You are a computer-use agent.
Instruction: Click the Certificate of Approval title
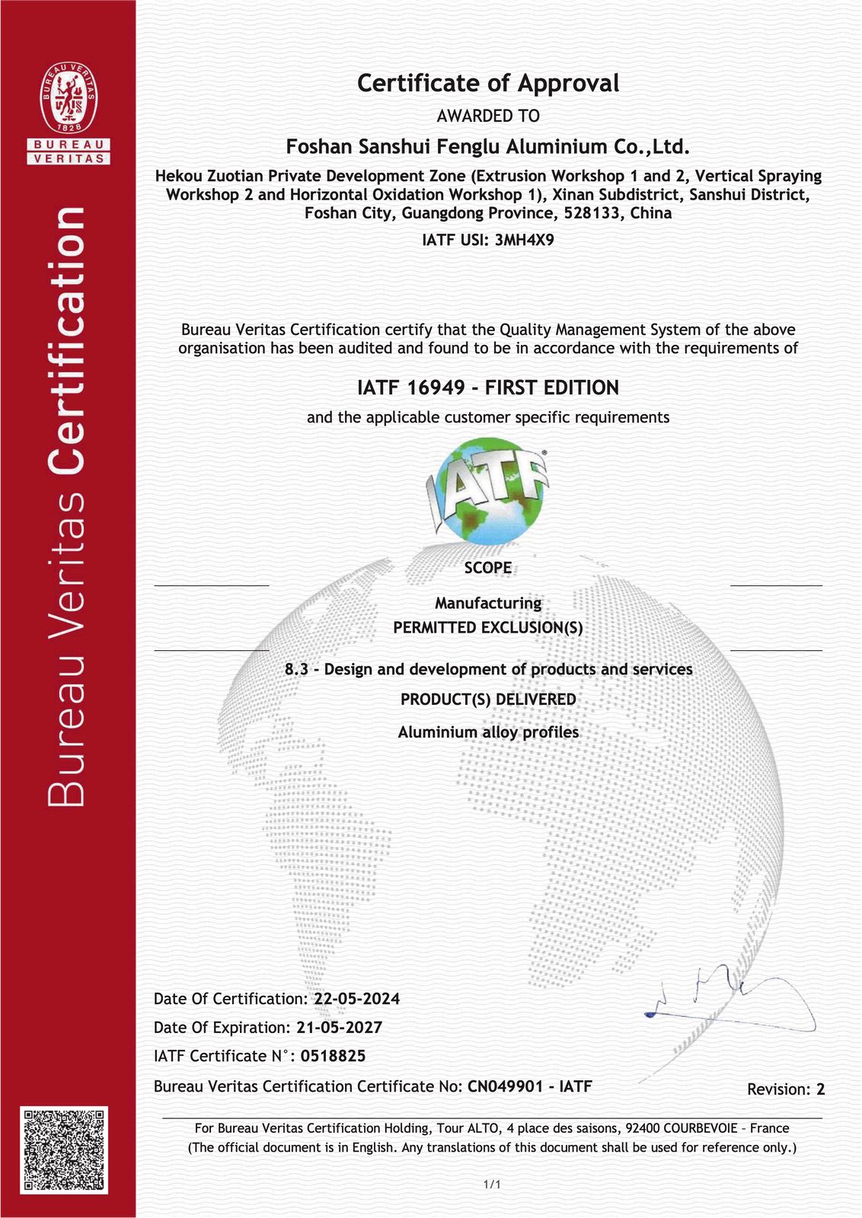[488, 83]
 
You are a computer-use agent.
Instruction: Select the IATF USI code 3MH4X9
[525, 241]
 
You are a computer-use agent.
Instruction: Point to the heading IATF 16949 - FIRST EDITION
[488, 387]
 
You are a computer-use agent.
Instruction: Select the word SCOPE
[488, 568]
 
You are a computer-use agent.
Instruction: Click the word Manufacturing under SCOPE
[488, 603]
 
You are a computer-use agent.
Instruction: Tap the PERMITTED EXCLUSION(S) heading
[488, 628]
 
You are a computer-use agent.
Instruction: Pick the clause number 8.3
[295, 670]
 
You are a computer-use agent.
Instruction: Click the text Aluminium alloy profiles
[488, 732]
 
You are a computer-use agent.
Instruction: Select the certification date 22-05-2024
[357, 999]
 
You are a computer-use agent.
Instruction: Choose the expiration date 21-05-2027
[340, 1028]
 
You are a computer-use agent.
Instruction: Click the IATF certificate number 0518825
[333, 1057]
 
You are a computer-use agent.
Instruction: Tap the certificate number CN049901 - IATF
[529, 1086]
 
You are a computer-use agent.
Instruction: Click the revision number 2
[821, 1089]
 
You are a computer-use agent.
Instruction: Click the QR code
[64, 1150]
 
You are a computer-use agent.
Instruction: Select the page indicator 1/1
[492, 1185]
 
